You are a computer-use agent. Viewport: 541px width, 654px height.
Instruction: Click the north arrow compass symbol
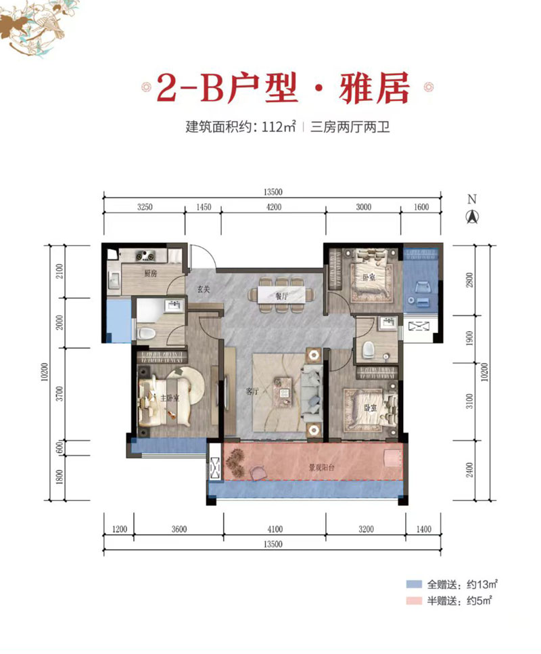472,217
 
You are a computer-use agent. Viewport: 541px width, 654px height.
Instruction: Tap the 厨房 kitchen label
149,274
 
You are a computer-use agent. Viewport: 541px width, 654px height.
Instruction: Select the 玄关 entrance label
203,289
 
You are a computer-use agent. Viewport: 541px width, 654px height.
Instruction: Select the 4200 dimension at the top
273,208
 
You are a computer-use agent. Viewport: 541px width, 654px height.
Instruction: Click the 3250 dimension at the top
144,208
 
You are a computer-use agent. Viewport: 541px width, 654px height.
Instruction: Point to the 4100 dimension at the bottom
274,529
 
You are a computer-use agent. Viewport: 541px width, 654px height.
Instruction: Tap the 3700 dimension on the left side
60,394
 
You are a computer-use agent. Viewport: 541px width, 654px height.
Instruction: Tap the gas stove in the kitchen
145,256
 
